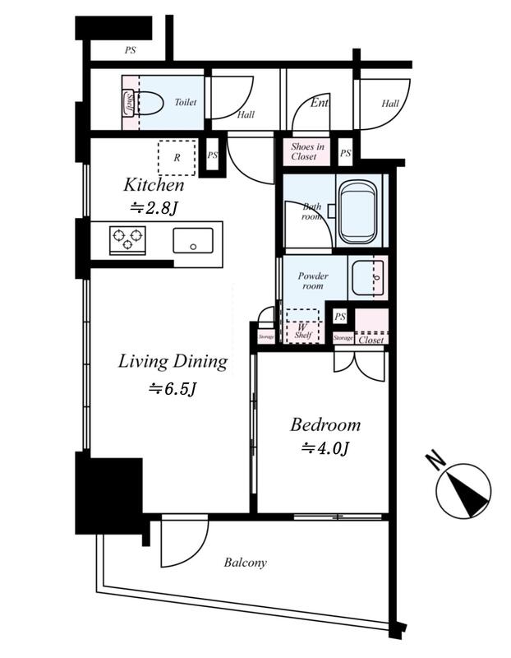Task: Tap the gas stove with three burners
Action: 127,240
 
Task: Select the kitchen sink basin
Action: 193,240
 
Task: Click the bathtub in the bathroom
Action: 357,212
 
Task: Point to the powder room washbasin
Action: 367,278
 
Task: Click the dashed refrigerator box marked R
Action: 177,158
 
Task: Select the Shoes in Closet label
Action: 307,151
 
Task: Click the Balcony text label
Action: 245,563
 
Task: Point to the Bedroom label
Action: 325,424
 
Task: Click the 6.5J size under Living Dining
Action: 173,389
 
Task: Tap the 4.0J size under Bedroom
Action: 325,448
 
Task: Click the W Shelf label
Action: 302,331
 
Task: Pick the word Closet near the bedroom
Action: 371,340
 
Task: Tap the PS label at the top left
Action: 131,50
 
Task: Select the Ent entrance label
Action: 319,102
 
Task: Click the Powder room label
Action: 313,280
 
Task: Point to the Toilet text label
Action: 186,102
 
